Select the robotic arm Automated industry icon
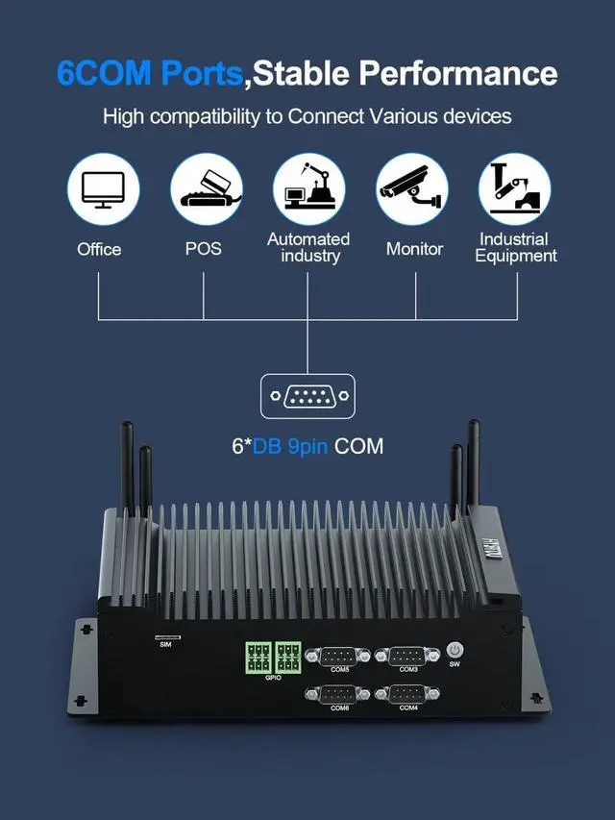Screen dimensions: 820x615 coord(308,189)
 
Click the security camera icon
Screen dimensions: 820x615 coord(412,189)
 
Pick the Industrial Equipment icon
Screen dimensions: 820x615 coord(515,189)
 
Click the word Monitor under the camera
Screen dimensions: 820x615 coord(414,248)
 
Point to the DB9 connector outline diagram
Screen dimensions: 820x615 coord(307,397)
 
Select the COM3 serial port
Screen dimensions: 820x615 coord(408,656)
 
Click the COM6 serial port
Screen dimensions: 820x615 coord(339,694)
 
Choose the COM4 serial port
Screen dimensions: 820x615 coord(408,694)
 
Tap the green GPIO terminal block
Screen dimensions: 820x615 coord(273,658)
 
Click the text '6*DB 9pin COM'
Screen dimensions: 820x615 coord(307,446)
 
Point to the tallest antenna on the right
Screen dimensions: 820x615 coord(473,471)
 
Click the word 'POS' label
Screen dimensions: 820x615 coord(204,248)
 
